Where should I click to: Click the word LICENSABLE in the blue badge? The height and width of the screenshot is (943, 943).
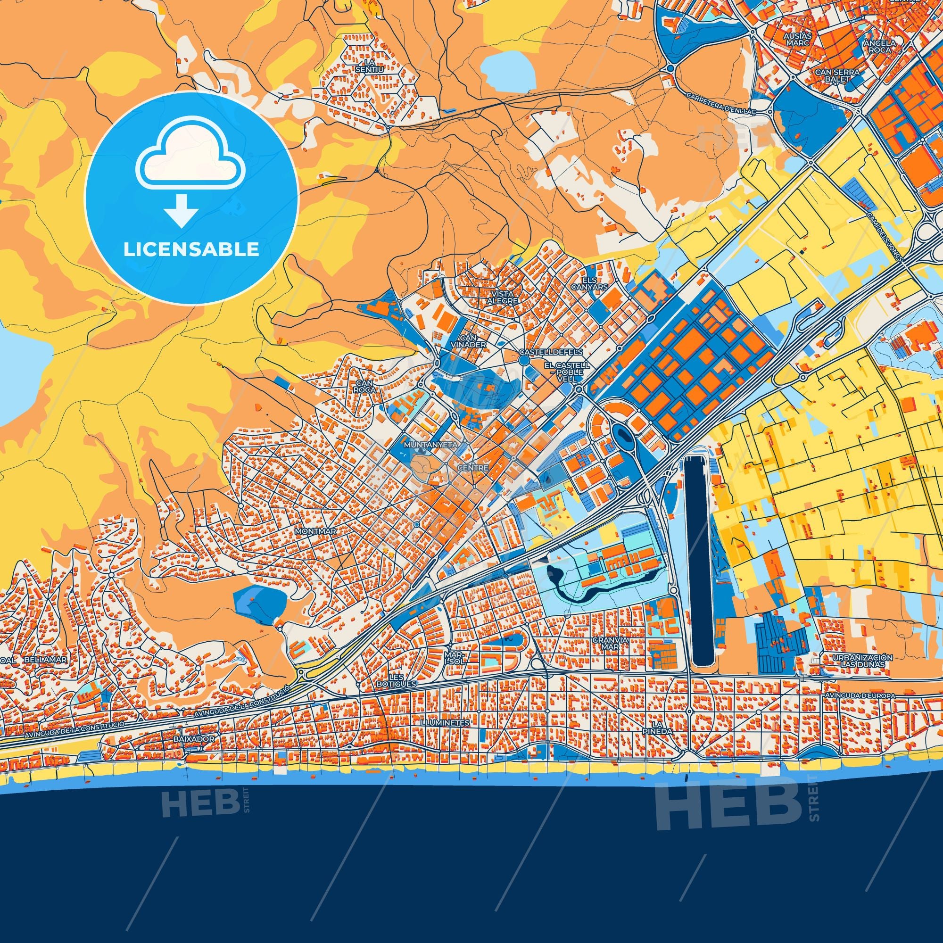(x=191, y=249)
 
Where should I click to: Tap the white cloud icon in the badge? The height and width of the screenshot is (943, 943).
(x=191, y=155)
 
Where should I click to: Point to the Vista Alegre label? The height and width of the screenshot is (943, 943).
(x=502, y=297)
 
